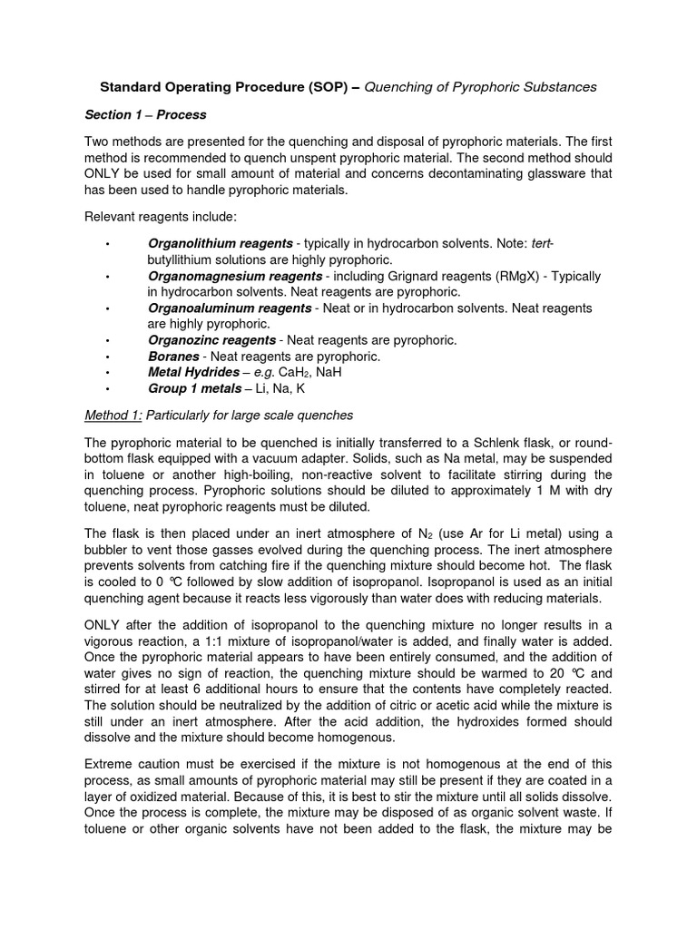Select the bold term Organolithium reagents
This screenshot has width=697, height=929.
[x=220, y=244]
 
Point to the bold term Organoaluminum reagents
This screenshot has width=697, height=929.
[x=230, y=308]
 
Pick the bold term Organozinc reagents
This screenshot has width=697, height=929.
[x=211, y=340]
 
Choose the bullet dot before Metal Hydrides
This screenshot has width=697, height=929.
[x=108, y=373]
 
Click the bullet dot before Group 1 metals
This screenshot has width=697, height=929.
[x=108, y=389]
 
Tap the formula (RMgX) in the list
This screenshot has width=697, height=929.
[x=494, y=276]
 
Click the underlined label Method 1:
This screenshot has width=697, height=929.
[x=113, y=416]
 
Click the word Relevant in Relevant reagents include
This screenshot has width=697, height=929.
[x=112, y=218]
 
